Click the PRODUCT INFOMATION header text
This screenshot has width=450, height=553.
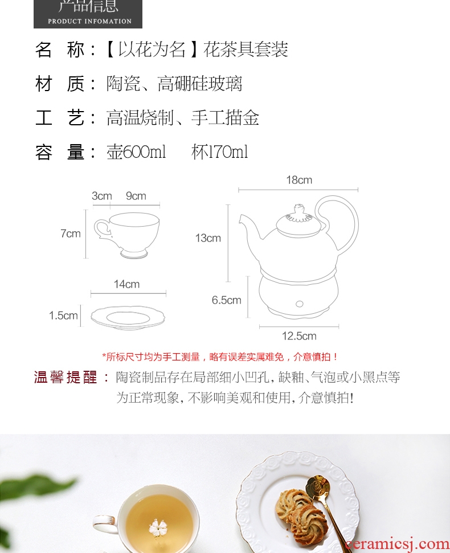(x=89, y=21)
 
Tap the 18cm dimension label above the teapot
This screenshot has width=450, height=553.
(x=299, y=180)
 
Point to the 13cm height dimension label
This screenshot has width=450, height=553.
(x=208, y=238)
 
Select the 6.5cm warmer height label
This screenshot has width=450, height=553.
(x=226, y=300)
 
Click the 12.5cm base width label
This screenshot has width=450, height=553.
(x=299, y=336)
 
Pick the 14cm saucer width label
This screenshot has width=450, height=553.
(x=126, y=284)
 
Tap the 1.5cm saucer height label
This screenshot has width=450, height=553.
(x=63, y=316)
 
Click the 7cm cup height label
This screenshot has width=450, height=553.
(x=71, y=233)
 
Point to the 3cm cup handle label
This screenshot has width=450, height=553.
(x=102, y=196)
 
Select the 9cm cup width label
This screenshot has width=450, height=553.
(x=136, y=196)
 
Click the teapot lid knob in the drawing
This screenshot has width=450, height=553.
(x=299, y=208)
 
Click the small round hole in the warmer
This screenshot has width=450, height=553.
(x=300, y=304)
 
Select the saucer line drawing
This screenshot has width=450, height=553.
(x=128, y=317)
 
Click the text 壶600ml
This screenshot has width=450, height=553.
(x=136, y=152)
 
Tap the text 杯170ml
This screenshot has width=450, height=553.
(x=219, y=152)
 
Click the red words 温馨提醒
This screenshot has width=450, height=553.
(x=66, y=378)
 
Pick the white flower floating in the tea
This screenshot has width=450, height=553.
(x=158, y=528)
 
